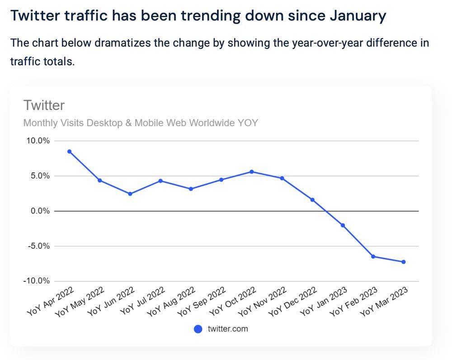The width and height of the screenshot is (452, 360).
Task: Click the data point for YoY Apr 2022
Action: [x=69, y=152]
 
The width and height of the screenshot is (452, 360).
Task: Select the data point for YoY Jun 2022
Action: [x=130, y=194]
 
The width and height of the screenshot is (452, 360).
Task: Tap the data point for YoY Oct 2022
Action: [x=252, y=172]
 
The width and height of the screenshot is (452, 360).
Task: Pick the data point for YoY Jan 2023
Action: [x=343, y=225]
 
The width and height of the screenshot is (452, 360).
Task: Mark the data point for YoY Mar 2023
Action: [x=403, y=262]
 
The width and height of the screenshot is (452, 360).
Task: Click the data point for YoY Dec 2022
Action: [x=312, y=200]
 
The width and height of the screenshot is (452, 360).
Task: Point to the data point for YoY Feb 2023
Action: [x=373, y=256]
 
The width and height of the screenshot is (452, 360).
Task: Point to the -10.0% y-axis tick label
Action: [x=36, y=281]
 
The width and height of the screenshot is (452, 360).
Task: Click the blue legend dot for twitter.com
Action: [x=198, y=329]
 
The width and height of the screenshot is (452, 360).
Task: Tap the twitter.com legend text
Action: [x=228, y=329]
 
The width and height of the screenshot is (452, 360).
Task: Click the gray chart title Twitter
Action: [x=44, y=105]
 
